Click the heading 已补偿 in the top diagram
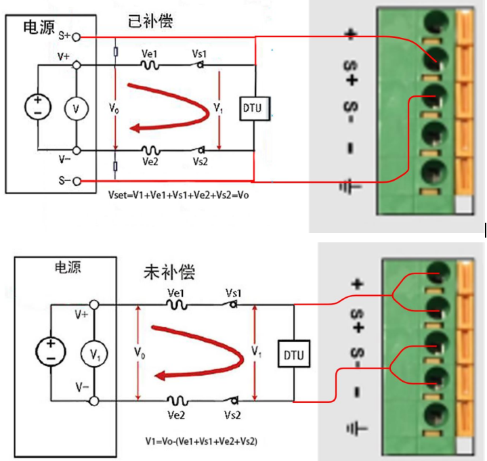150,22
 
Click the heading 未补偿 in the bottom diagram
169,272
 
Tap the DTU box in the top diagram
254,108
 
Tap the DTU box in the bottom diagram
294,353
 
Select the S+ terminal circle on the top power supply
77,37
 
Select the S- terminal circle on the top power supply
77,181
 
